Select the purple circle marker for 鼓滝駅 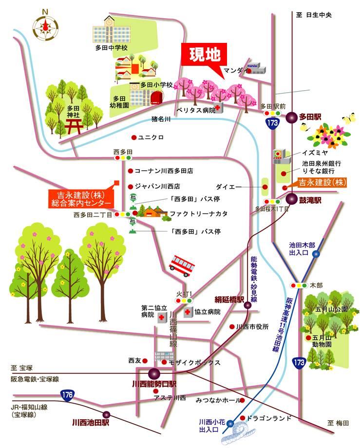pos(291,198)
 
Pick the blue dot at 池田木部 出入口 pos(316,253)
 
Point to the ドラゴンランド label pos(268,418)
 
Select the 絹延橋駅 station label pos(228,300)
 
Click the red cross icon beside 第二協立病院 pos(161,317)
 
